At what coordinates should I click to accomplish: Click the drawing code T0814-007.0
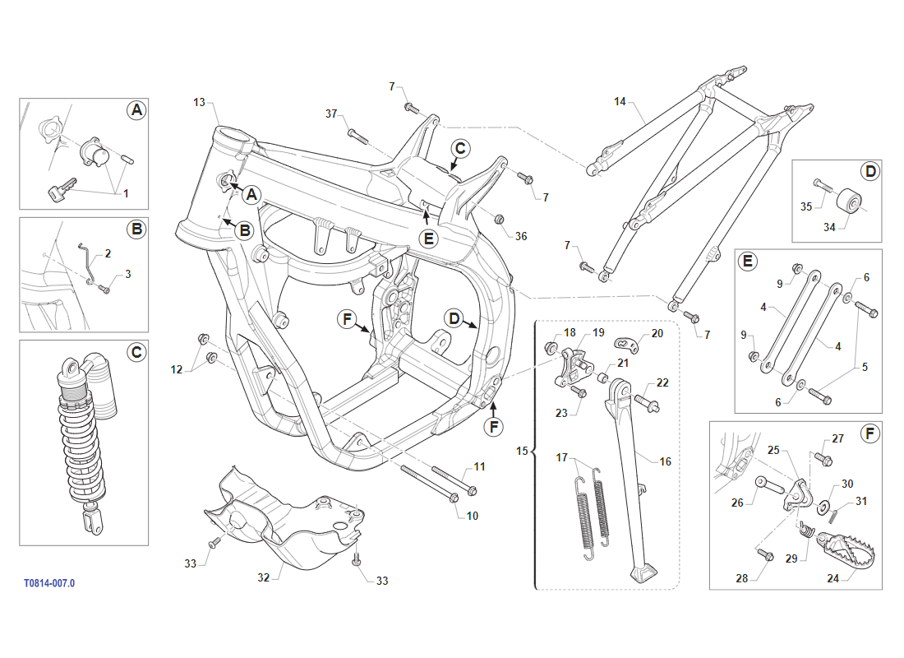click(x=49, y=583)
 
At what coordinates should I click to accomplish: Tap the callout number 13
click(x=200, y=102)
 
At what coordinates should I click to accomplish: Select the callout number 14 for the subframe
click(x=620, y=102)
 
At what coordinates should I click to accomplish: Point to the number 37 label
click(x=331, y=114)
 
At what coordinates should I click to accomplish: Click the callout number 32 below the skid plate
click(x=264, y=578)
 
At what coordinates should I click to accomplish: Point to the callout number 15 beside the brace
click(x=523, y=451)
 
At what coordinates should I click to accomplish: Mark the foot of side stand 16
click(x=645, y=573)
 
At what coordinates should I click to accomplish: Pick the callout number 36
click(x=521, y=236)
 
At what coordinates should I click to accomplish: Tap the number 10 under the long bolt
click(x=472, y=516)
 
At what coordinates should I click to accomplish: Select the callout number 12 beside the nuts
click(x=177, y=370)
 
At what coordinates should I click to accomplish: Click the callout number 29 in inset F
click(x=791, y=558)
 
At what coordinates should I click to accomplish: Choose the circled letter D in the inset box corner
click(x=870, y=172)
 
